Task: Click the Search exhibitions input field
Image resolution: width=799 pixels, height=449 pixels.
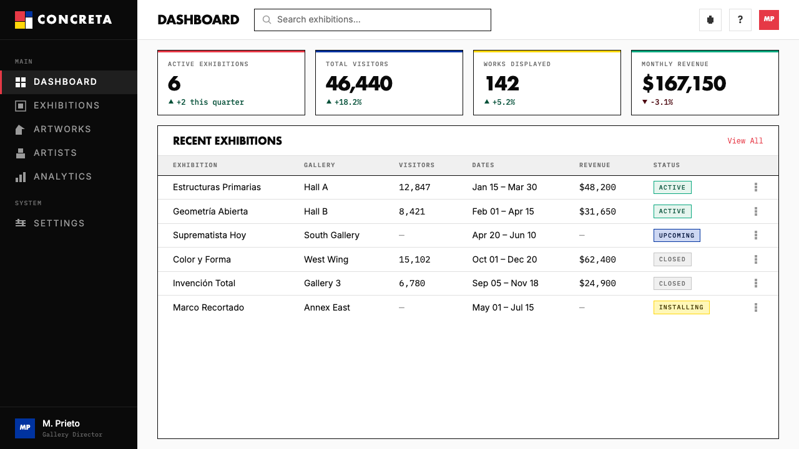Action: point(373,20)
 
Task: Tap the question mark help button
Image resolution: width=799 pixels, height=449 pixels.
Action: point(740,19)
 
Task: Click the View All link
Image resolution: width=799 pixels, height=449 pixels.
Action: point(745,141)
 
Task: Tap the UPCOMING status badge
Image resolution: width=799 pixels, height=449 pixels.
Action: point(677,236)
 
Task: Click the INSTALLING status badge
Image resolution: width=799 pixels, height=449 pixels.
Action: point(681,307)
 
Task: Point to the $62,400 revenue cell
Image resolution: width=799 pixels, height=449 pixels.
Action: point(597,259)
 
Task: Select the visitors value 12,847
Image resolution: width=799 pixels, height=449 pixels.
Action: point(414,188)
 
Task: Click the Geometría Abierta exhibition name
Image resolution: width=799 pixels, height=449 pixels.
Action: point(210,211)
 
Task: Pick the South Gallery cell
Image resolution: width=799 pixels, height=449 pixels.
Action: point(331,235)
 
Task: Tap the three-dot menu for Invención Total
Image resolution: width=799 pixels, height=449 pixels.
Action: point(756,283)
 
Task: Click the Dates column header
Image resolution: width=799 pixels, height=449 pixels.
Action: point(483,165)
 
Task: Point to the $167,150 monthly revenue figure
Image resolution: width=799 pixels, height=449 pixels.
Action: point(684,84)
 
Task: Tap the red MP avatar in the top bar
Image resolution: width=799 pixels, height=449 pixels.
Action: point(768,19)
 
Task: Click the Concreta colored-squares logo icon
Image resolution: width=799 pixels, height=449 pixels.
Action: point(24,20)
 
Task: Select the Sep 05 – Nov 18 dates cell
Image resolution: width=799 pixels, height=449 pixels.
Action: point(505,283)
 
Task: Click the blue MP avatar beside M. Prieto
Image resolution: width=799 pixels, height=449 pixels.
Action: point(25,428)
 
